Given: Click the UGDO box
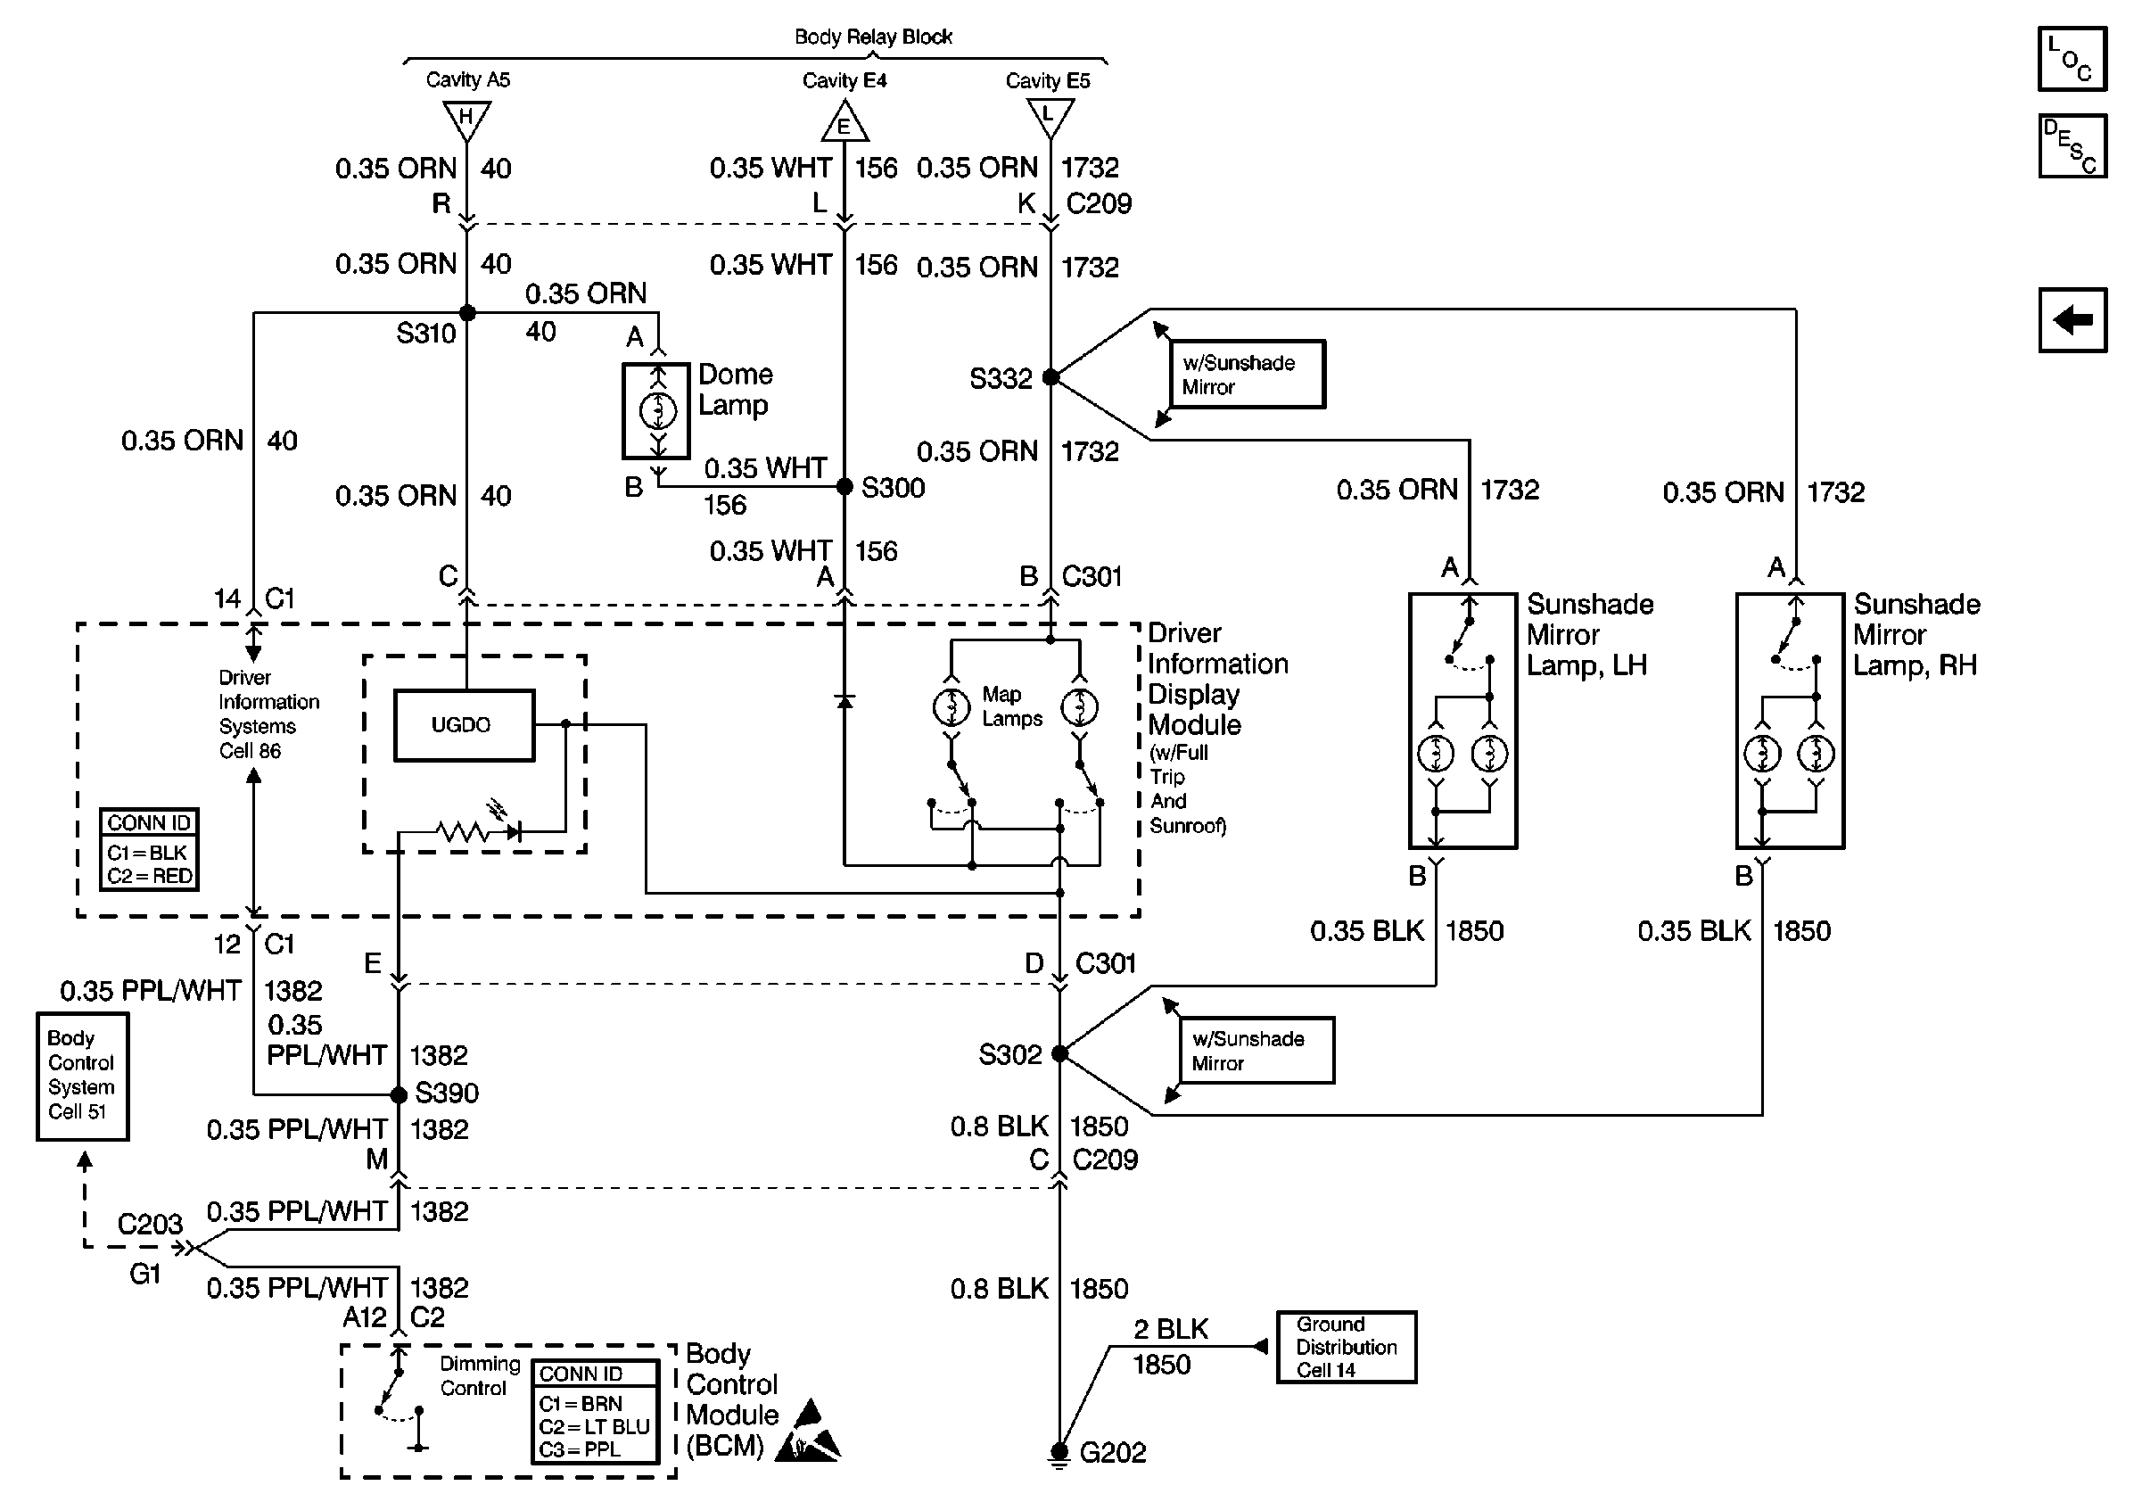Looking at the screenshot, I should (x=464, y=725).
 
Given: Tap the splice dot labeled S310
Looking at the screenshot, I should (x=467, y=312).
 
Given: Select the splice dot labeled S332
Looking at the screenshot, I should (x=1050, y=377).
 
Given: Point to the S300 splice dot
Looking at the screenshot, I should (x=844, y=486).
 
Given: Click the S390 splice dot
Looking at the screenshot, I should (x=399, y=1094).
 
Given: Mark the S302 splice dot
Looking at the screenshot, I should (x=1059, y=1053).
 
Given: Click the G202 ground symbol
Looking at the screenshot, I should (x=1059, y=1454).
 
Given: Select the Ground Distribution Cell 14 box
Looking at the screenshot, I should (x=1347, y=1346).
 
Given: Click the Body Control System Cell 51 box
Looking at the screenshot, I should (x=82, y=1076).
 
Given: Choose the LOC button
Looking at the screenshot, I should (x=2072, y=59).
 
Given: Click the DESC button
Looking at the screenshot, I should (x=2072, y=145).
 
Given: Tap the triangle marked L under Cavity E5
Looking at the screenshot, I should (x=1050, y=117).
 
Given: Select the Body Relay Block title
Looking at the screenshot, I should (x=873, y=37).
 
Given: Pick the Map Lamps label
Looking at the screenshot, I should (x=1011, y=706).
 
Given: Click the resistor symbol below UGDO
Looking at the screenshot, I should (x=463, y=829).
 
